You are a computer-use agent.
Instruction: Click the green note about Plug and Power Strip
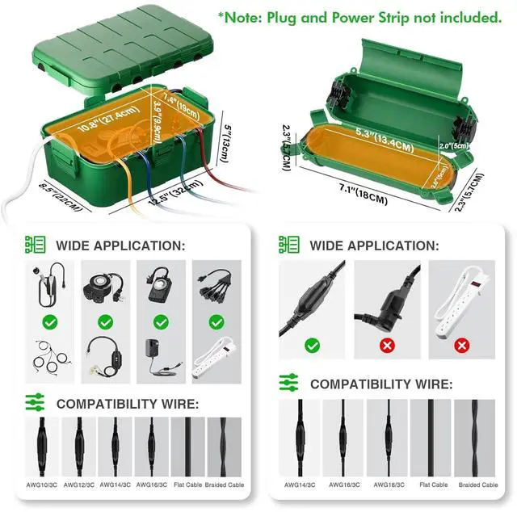coord(359,17)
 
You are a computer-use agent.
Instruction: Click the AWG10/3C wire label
coord(40,485)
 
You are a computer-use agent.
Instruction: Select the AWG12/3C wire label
coord(83,485)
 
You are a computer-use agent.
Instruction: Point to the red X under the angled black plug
coord(387,346)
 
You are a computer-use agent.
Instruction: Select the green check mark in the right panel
coord(312,346)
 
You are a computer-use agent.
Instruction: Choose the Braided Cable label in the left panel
coord(226,485)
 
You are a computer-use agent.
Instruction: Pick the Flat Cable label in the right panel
coord(434,485)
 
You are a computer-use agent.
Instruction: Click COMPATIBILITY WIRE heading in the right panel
coord(381,384)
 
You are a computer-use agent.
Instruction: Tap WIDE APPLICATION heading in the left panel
coord(120,245)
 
